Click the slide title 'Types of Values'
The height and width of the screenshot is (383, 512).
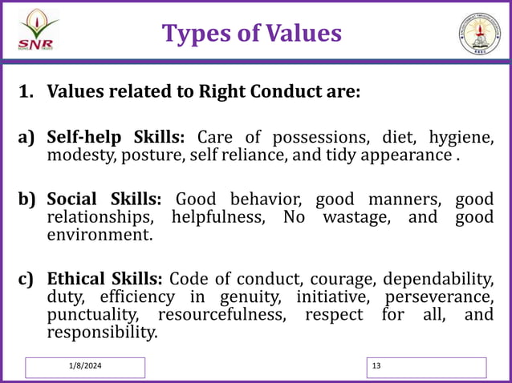point(251,33)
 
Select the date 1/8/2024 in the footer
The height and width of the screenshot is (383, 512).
point(85,366)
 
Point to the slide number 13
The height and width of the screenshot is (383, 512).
point(377,366)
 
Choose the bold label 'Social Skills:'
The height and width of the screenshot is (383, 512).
point(104,199)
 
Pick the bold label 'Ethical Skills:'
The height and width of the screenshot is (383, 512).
point(105,279)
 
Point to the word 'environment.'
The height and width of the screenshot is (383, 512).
point(100,236)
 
